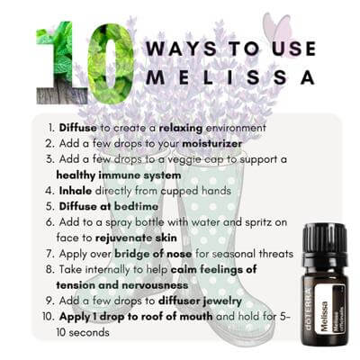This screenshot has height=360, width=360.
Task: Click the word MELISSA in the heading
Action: point(230,76)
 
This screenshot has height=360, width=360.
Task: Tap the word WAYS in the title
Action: point(181,49)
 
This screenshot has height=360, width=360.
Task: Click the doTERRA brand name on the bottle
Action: point(308,309)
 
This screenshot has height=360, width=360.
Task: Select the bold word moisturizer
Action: point(212,143)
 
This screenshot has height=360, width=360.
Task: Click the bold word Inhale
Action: point(76,191)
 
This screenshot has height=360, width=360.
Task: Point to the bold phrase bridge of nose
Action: point(153,254)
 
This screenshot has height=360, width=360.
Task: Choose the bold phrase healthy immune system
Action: point(119,175)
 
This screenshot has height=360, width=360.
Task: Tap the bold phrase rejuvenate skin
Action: point(136,238)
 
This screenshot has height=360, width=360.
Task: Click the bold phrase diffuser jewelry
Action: point(200,301)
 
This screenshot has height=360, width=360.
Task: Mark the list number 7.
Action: point(50,254)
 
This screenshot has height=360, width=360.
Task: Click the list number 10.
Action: point(49,317)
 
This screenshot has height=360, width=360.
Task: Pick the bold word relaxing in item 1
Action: point(181,129)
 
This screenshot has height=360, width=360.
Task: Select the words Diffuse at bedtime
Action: point(109,206)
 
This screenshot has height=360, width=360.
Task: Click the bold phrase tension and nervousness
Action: point(122,285)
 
